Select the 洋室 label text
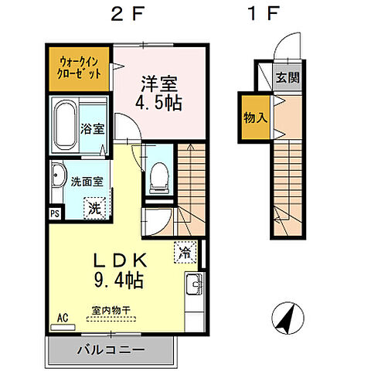(161, 82)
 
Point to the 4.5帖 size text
(161, 102)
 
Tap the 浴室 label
(93, 129)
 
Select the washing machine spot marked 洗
(94, 207)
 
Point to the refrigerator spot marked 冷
(186, 252)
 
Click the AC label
(61, 318)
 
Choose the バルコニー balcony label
(110, 350)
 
